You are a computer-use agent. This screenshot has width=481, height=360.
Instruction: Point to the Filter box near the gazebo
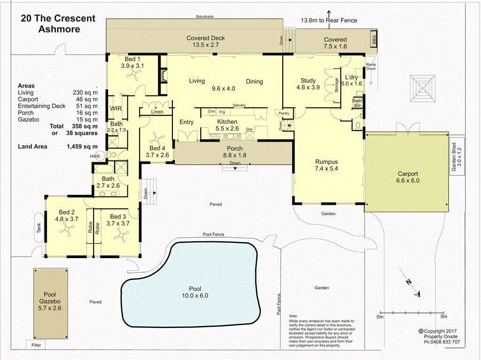click(x=36, y=345)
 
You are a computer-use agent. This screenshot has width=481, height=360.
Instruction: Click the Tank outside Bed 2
click(x=39, y=228)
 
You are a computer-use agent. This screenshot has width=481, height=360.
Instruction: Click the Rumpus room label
click(x=326, y=162)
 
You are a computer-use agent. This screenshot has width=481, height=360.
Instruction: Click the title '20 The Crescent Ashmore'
click(x=58, y=24)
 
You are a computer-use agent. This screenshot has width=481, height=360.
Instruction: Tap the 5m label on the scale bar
click(x=443, y=317)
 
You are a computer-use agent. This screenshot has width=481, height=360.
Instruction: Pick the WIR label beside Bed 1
click(x=116, y=109)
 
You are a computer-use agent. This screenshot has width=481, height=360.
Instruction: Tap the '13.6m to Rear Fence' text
click(x=329, y=20)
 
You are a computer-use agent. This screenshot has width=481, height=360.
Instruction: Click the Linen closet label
click(x=157, y=112)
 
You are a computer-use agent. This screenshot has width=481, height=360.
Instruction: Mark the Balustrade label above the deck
click(x=205, y=16)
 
